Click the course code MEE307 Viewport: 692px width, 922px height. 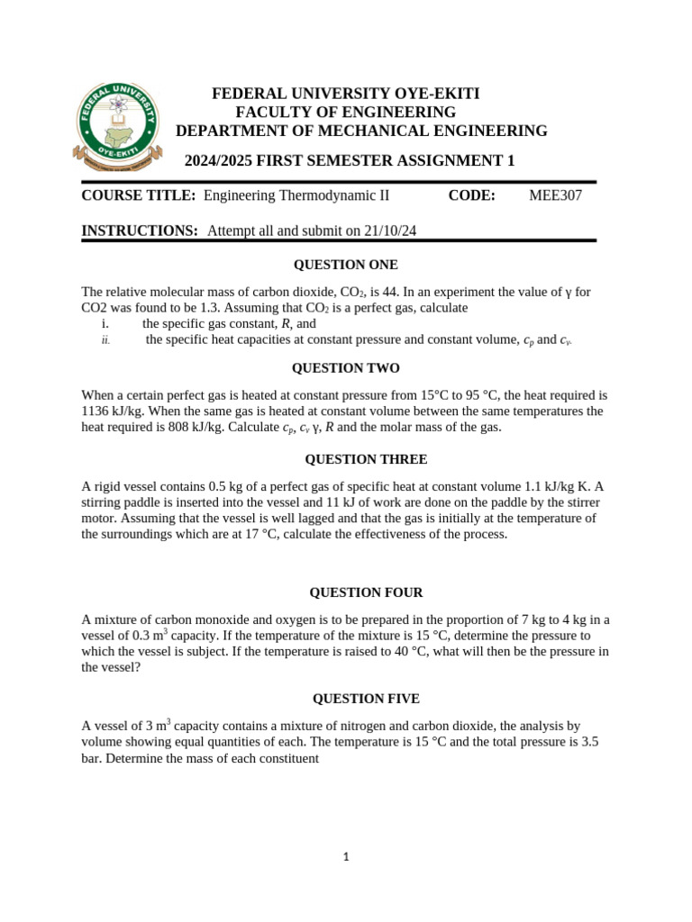pyautogui.click(x=555, y=195)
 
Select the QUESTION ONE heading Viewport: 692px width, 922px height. pyautogui.click(x=346, y=265)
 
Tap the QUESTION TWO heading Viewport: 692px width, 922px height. pyautogui.click(x=346, y=368)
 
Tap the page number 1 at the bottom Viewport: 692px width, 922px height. pyautogui.click(x=346, y=857)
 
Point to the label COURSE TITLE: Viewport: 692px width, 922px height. pyautogui.click(x=139, y=195)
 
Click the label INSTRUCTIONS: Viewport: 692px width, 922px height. pyautogui.click(x=140, y=231)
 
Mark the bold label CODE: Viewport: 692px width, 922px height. pyautogui.click(x=471, y=195)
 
